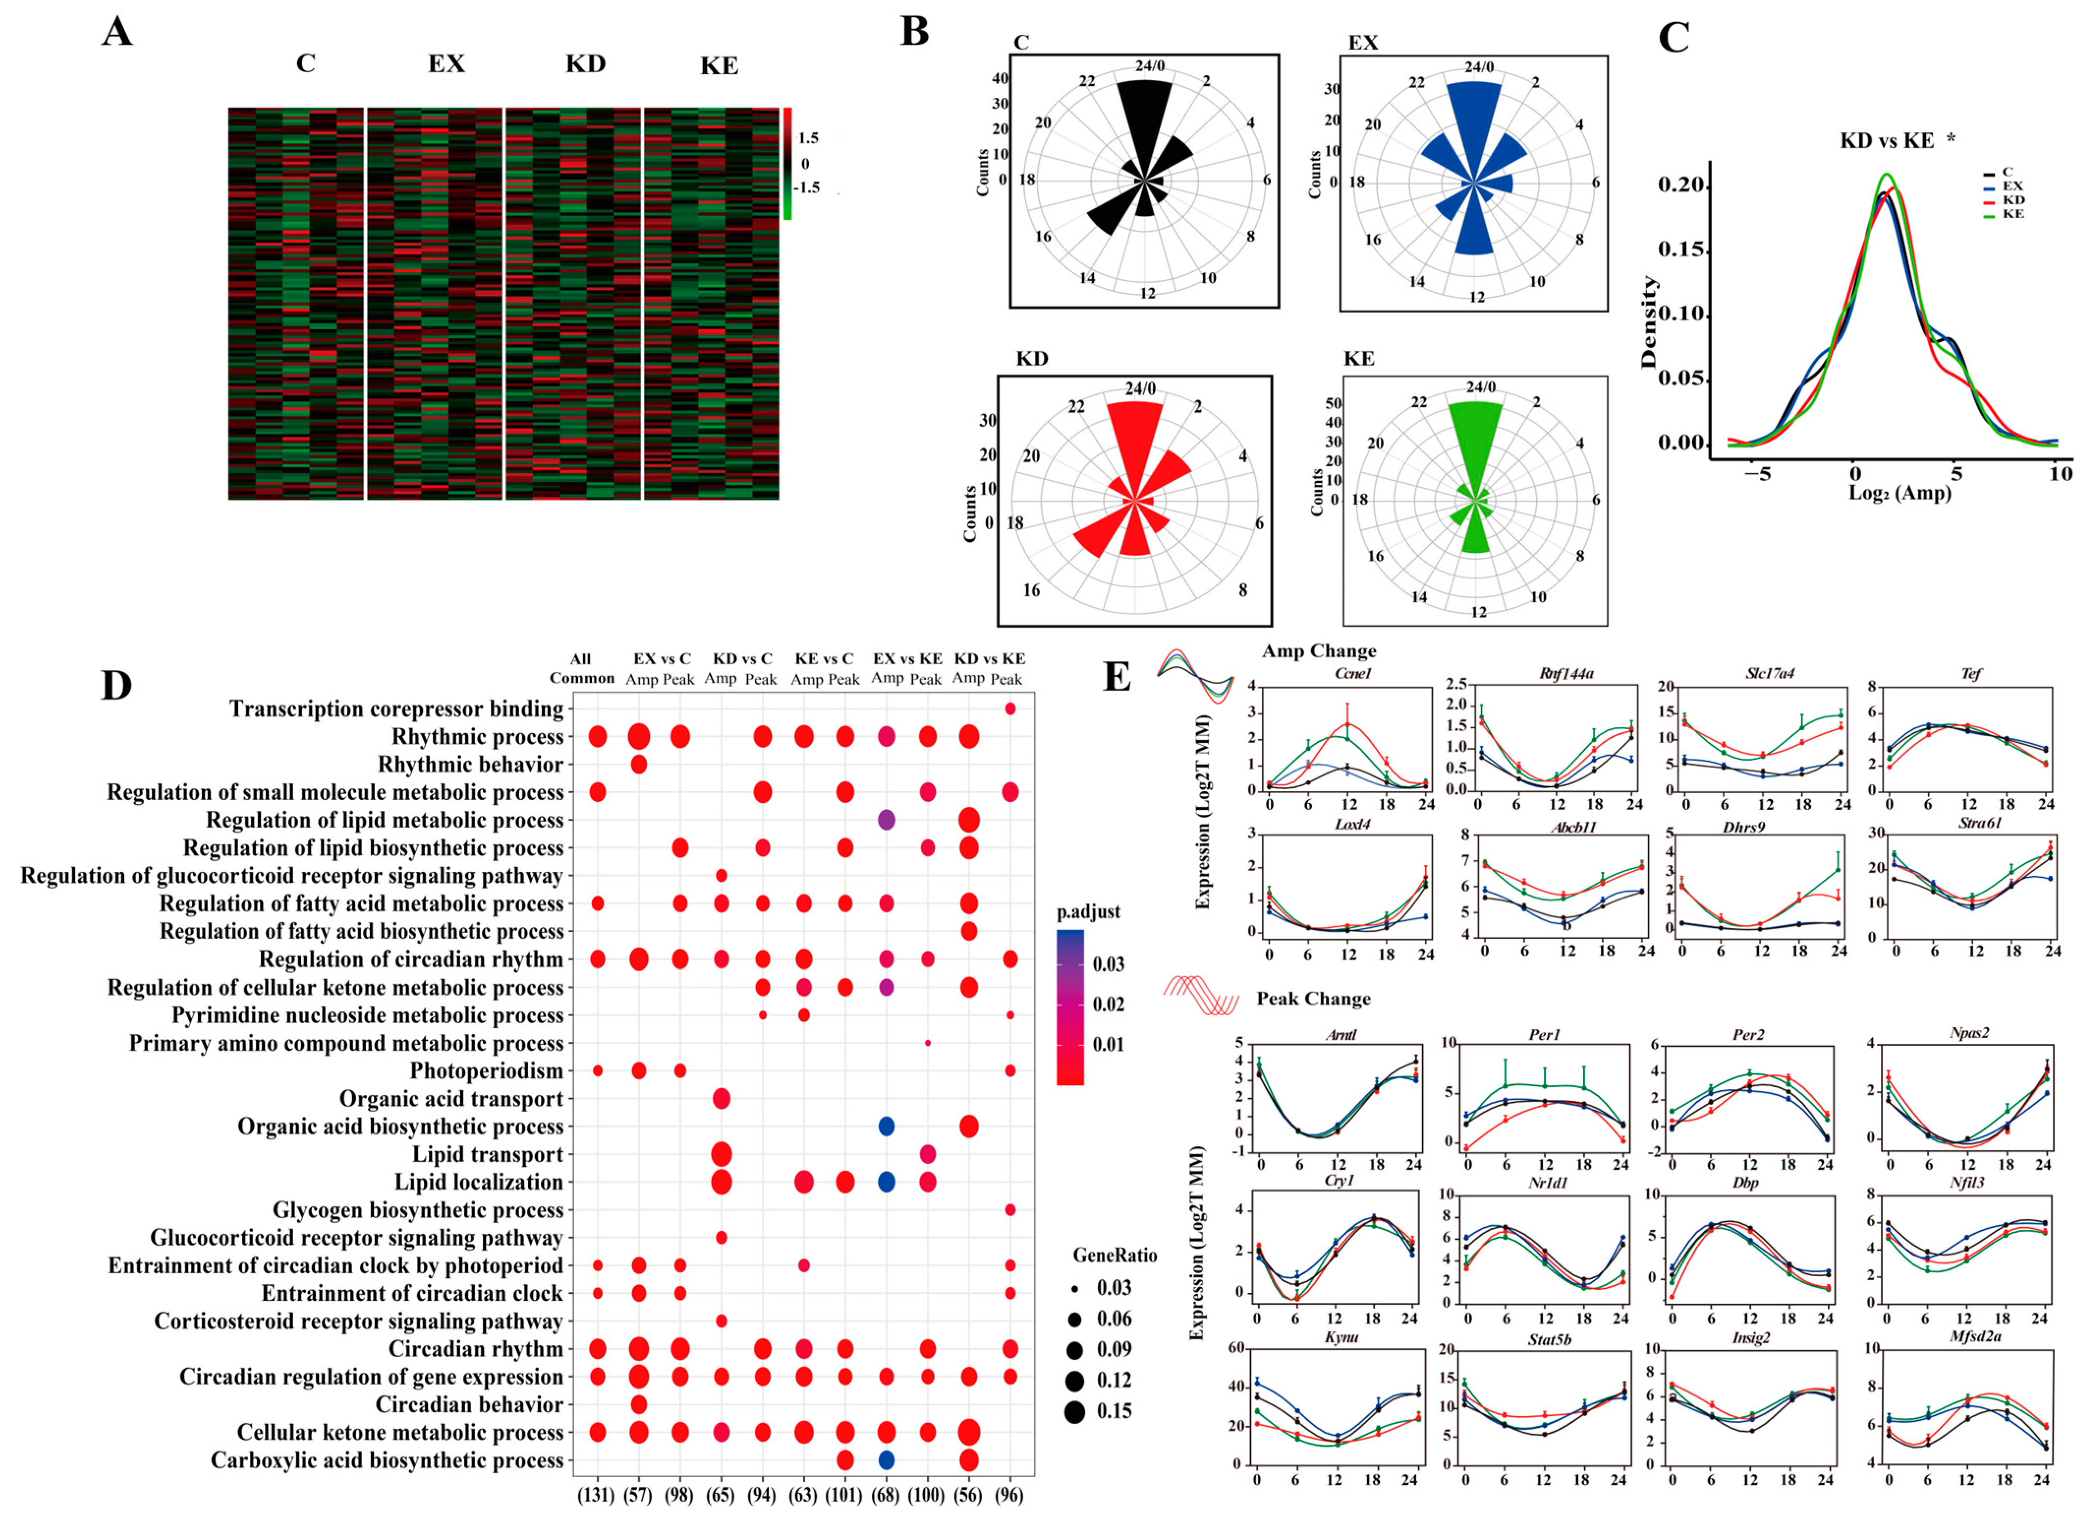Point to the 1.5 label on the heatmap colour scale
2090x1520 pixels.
coord(808,138)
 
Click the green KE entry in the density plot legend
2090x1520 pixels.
coord(2012,214)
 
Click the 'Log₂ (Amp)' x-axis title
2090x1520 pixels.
coord(1900,492)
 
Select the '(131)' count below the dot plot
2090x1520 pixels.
coord(596,1495)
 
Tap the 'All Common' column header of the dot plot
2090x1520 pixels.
coord(582,668)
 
